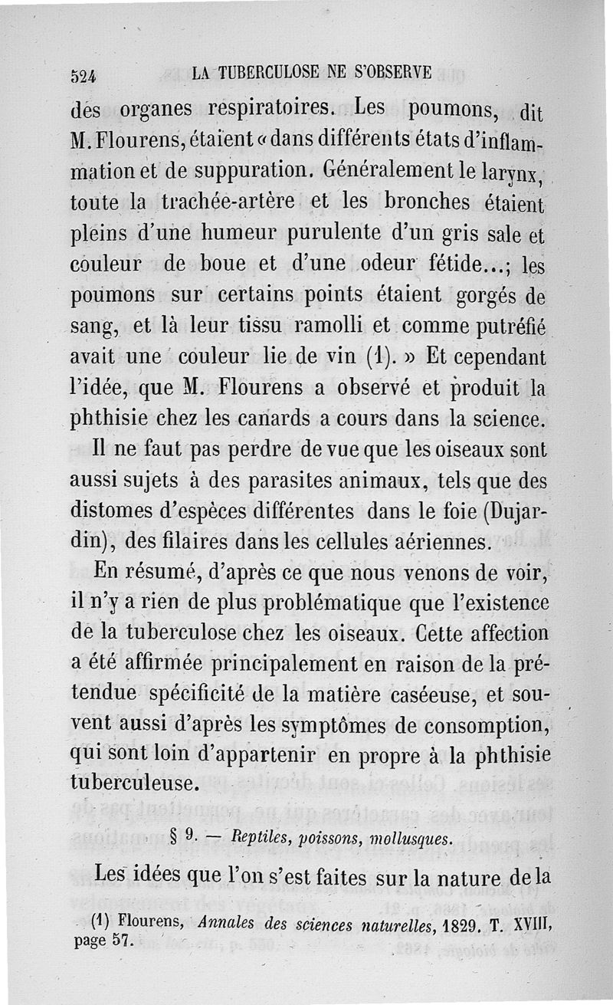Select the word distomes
[107, 512]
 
